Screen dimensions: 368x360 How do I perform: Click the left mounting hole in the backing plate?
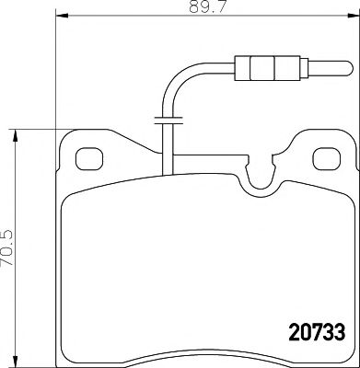pos(87,159)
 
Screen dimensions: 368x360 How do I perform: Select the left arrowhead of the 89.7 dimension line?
pos(61,17)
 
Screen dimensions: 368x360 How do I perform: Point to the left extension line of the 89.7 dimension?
pos(57,74)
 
